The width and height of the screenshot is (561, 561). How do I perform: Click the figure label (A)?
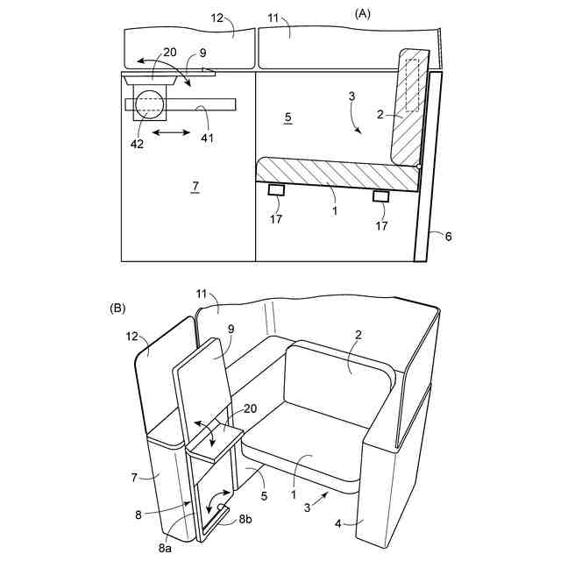364,14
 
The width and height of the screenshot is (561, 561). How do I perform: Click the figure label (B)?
117,309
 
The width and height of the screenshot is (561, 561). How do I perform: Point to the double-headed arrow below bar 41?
168,132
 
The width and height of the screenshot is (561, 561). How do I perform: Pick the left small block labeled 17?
276,190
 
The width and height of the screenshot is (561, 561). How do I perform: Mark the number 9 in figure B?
230,330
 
